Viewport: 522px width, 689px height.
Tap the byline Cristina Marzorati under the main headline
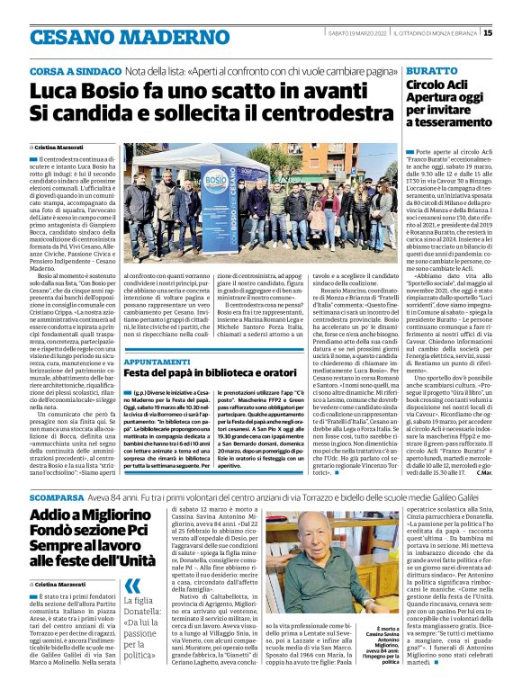point(58,146)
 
